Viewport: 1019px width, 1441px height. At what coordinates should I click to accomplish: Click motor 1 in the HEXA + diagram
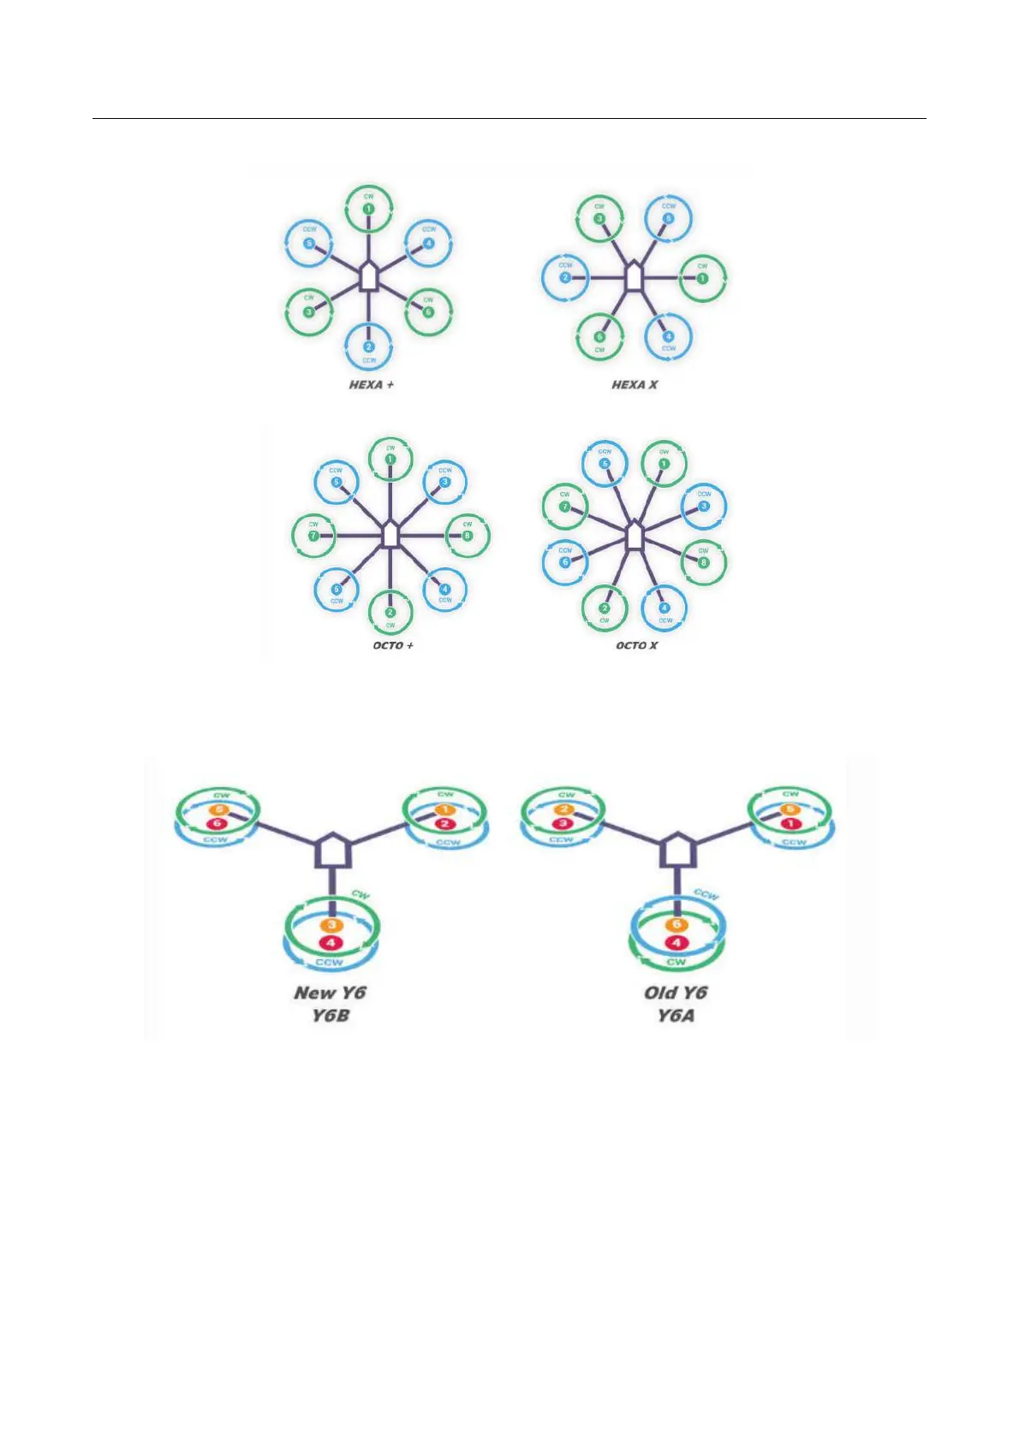(x=368, y=208)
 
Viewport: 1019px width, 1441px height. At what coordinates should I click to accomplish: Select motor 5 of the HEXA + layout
(x=309, y=243)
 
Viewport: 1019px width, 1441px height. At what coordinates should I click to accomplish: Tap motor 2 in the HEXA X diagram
(x=566, y=278)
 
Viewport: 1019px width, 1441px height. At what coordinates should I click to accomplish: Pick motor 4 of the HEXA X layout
(x=668, y=336)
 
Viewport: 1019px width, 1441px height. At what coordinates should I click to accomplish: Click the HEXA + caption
(x=371, y=385)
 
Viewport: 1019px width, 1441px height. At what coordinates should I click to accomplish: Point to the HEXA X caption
(x=635, y=385)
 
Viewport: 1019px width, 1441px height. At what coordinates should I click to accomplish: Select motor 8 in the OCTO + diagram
(x=467, y=537)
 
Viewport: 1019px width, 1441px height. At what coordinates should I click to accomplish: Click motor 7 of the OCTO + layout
(x=313, y=537)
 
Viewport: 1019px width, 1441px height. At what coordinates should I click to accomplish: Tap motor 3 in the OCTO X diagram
(x=704, y=506)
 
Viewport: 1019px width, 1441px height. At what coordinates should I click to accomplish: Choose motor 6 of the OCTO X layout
(x=565, y=562)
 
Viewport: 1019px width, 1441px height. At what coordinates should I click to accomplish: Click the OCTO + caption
(x=393, y=645)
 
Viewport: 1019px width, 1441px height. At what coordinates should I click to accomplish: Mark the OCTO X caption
(x=636, y=645)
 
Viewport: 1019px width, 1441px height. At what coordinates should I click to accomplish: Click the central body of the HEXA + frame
(x=368, y=277)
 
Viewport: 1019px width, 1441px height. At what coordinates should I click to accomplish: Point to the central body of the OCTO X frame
(x=634, y=537)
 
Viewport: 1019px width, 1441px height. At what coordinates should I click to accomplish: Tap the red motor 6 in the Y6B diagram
(x=217, y=823)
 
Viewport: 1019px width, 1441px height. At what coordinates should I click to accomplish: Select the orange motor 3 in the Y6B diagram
(x=331, y=926)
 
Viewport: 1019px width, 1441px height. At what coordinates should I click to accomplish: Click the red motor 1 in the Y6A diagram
(x=790, y=823)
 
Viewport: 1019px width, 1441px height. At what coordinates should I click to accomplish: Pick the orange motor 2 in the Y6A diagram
(x=565, y=809)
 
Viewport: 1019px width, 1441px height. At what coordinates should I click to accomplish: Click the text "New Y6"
(x=330, y=993)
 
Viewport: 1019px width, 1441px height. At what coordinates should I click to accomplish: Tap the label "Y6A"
(x=676, y=1017)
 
